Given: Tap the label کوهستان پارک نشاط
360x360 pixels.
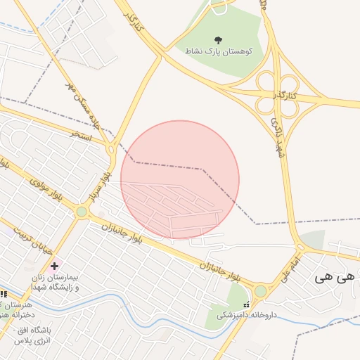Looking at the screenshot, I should click(x=224, y=52).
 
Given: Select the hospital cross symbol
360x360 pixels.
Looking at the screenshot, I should click(x=54, y=266).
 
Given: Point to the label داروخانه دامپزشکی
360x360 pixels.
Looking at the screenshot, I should click(x=246, y=315).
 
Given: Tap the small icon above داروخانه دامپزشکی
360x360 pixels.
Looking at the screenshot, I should click(x=245, y=304).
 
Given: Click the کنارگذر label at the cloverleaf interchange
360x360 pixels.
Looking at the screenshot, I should click(x=285, y=94).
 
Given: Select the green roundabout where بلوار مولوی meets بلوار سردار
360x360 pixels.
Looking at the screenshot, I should click(x=82, y=211).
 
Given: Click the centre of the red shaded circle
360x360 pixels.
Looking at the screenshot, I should click(x=180, y=179).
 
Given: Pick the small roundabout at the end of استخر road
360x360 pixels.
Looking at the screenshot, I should click(x=110, y=149).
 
